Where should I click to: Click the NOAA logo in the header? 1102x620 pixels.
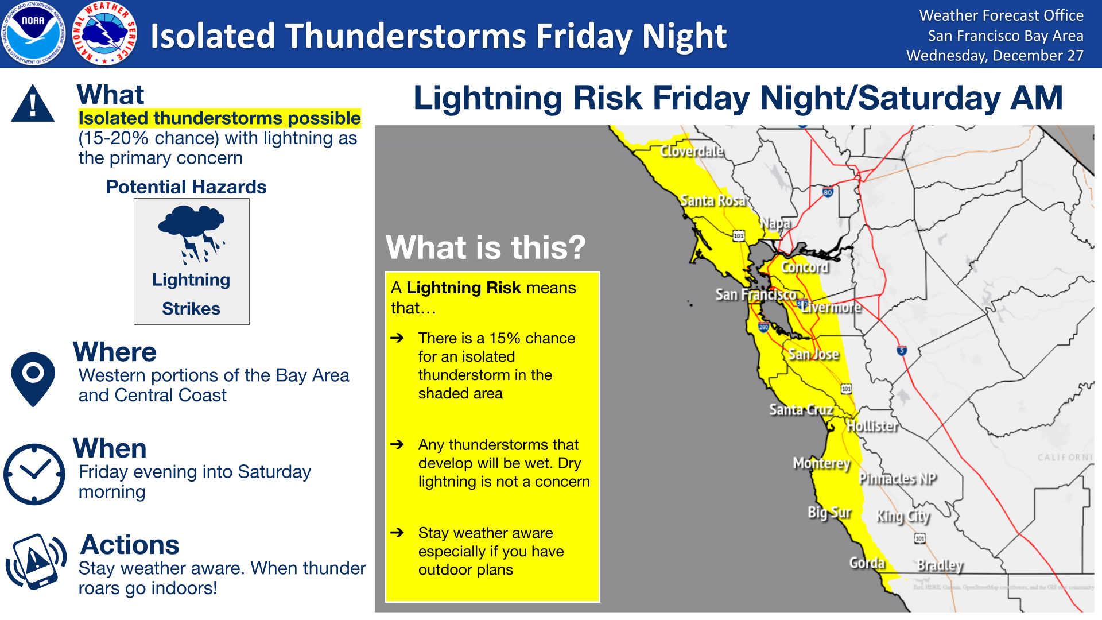[34, 34]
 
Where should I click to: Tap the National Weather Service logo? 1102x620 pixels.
[105, 34]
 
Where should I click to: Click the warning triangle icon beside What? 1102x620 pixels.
[33, 103]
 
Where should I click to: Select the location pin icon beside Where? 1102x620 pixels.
[33, 379]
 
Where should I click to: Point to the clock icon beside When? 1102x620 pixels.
[34, 474]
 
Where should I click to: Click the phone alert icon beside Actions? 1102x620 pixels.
[36, 561]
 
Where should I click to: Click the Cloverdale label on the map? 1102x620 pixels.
[691, 152]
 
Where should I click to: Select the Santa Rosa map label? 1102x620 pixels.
[712, 200]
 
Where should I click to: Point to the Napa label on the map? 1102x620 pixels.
[775, 223]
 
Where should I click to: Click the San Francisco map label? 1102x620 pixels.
[755, 295]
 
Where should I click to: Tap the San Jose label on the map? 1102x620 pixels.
[813, 354]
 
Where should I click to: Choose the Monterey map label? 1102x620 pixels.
[821, 463]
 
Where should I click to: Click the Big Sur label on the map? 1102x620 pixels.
[829, 512]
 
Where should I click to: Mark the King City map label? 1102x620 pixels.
[903, 516]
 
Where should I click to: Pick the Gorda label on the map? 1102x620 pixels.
[867, 563]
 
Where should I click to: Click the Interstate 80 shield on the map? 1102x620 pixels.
[827, 192]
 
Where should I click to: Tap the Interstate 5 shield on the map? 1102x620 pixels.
[902, 350]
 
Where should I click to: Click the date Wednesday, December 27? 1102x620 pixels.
[995, 56]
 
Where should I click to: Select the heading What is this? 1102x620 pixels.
[486, 247]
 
